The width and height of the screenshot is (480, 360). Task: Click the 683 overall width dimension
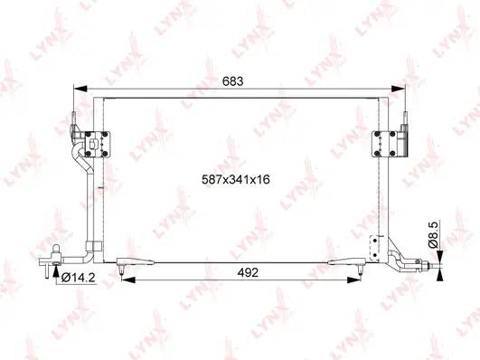click(x=233, y=81)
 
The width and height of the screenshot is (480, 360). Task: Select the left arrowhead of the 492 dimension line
click(x=125, y=280)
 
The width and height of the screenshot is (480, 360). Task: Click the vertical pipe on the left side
click(x=86, y=208)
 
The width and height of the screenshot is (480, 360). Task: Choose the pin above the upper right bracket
click(x=406, y=118)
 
